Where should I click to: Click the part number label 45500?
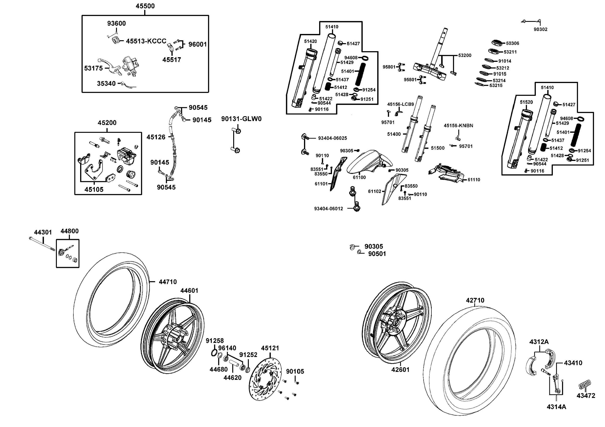[145, 6]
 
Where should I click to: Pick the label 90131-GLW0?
[241, 119]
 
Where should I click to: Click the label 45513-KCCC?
[146, 41]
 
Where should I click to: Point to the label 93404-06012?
[328, 209]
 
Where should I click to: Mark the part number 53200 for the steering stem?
[465, 55]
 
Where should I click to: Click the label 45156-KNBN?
[458, 126]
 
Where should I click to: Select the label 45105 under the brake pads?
[94, 189]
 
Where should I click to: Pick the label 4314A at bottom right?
[556, 407]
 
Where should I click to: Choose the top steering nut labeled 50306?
[496, 43]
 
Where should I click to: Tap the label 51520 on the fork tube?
[526, 102]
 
